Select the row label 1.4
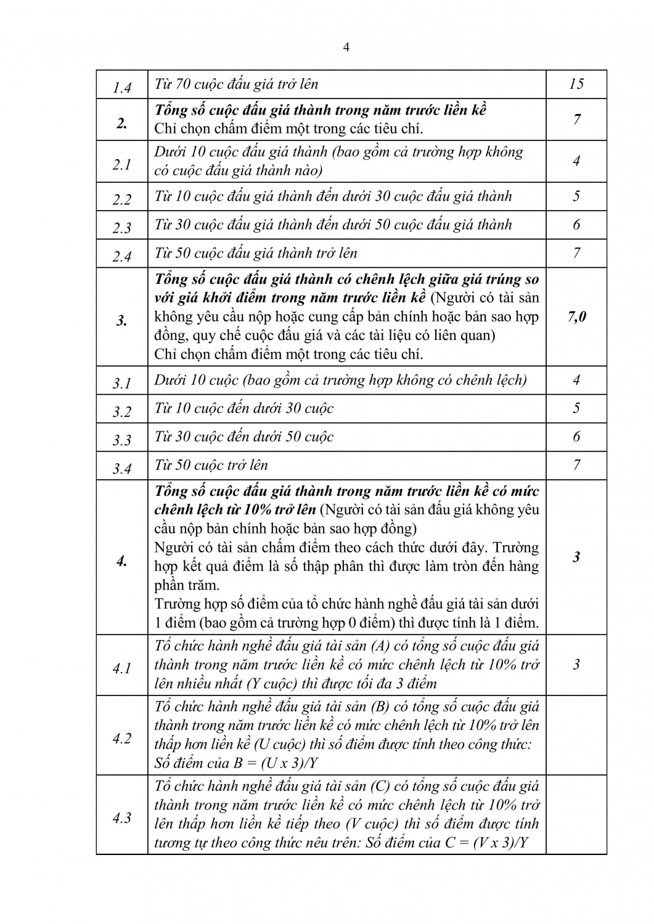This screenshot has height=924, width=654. pos(122,87)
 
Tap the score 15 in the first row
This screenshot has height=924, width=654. pos(576,84)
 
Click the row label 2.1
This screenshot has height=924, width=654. pos(122,164)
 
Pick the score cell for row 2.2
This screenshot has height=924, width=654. pos(576,197)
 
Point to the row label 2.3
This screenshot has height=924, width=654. pos(122,228)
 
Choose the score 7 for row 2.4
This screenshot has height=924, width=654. pos(576,253)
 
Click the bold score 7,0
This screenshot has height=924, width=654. pos(576,317)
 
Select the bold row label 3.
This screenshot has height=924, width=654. pos(122,320)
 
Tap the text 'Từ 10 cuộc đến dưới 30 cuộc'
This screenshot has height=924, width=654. pos(244,408)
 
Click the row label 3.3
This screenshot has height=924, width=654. pos(122,440)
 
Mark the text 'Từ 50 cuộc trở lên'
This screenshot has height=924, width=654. pos(211,464)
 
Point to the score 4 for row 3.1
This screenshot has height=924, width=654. pos(576,379)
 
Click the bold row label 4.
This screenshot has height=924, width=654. pos(122,561)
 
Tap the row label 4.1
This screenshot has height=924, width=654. pos(122,668)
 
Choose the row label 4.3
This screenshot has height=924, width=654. pos(122,818)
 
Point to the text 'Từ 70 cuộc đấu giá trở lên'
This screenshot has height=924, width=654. pos(236,84)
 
